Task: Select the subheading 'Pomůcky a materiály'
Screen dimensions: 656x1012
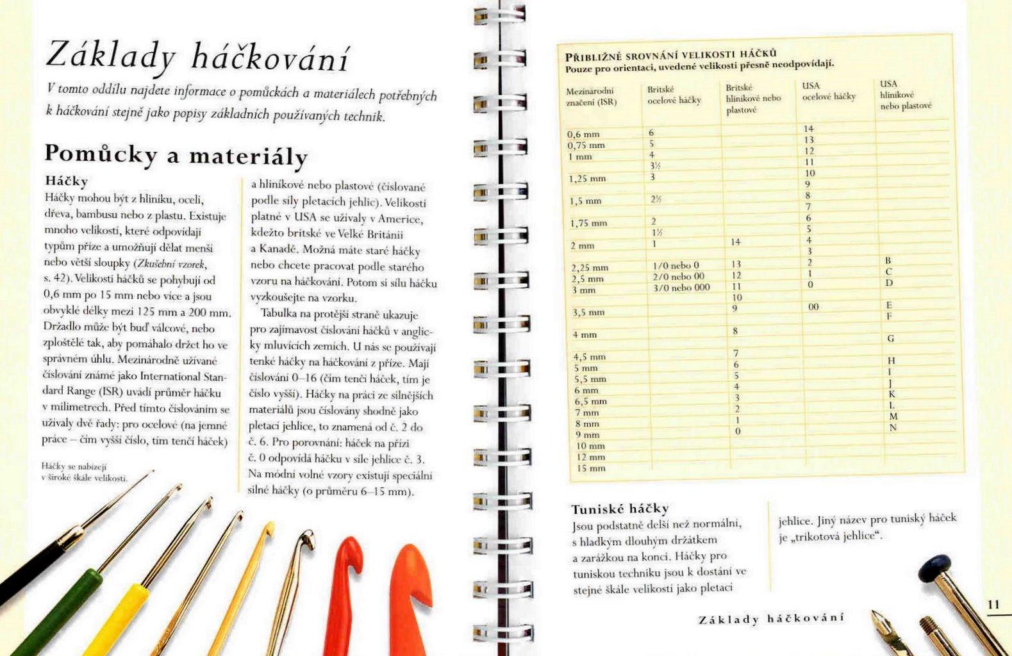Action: pyautogui.click(x=176, y=155)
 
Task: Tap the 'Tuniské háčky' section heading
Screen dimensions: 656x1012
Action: pyautogui.click(x=620, y=509)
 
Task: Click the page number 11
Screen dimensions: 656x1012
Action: pyautogui.click(x=993, y=604)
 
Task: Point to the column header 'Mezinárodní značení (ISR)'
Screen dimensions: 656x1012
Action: pyautogui.click(x=590, y=97)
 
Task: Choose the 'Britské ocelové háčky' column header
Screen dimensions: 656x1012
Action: pyautogui.click(x=674, y=95)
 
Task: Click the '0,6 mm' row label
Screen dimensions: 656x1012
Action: pyautogui.click(x=583, y=135)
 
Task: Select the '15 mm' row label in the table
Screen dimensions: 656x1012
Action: pyautogui.click(x=590, y=468)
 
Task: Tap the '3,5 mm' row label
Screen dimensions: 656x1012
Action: pyautogui.click(x=588, y=313)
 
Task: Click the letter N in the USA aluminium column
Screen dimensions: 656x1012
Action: pyautogui.click(x=893, y=427)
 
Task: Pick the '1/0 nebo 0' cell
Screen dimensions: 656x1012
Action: pyautogui.click(x=676, y=265)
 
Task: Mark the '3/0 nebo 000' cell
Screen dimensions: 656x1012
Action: pyautogui.click(x=681, y=288)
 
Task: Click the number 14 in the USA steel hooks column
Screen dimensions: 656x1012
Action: pyautogui.click(x=808, y=129)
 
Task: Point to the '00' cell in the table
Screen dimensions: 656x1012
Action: pyautogui.click(x=813, y=307)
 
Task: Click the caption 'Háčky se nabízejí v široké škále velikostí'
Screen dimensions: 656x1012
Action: pyautogui.click(x=84, y=472)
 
